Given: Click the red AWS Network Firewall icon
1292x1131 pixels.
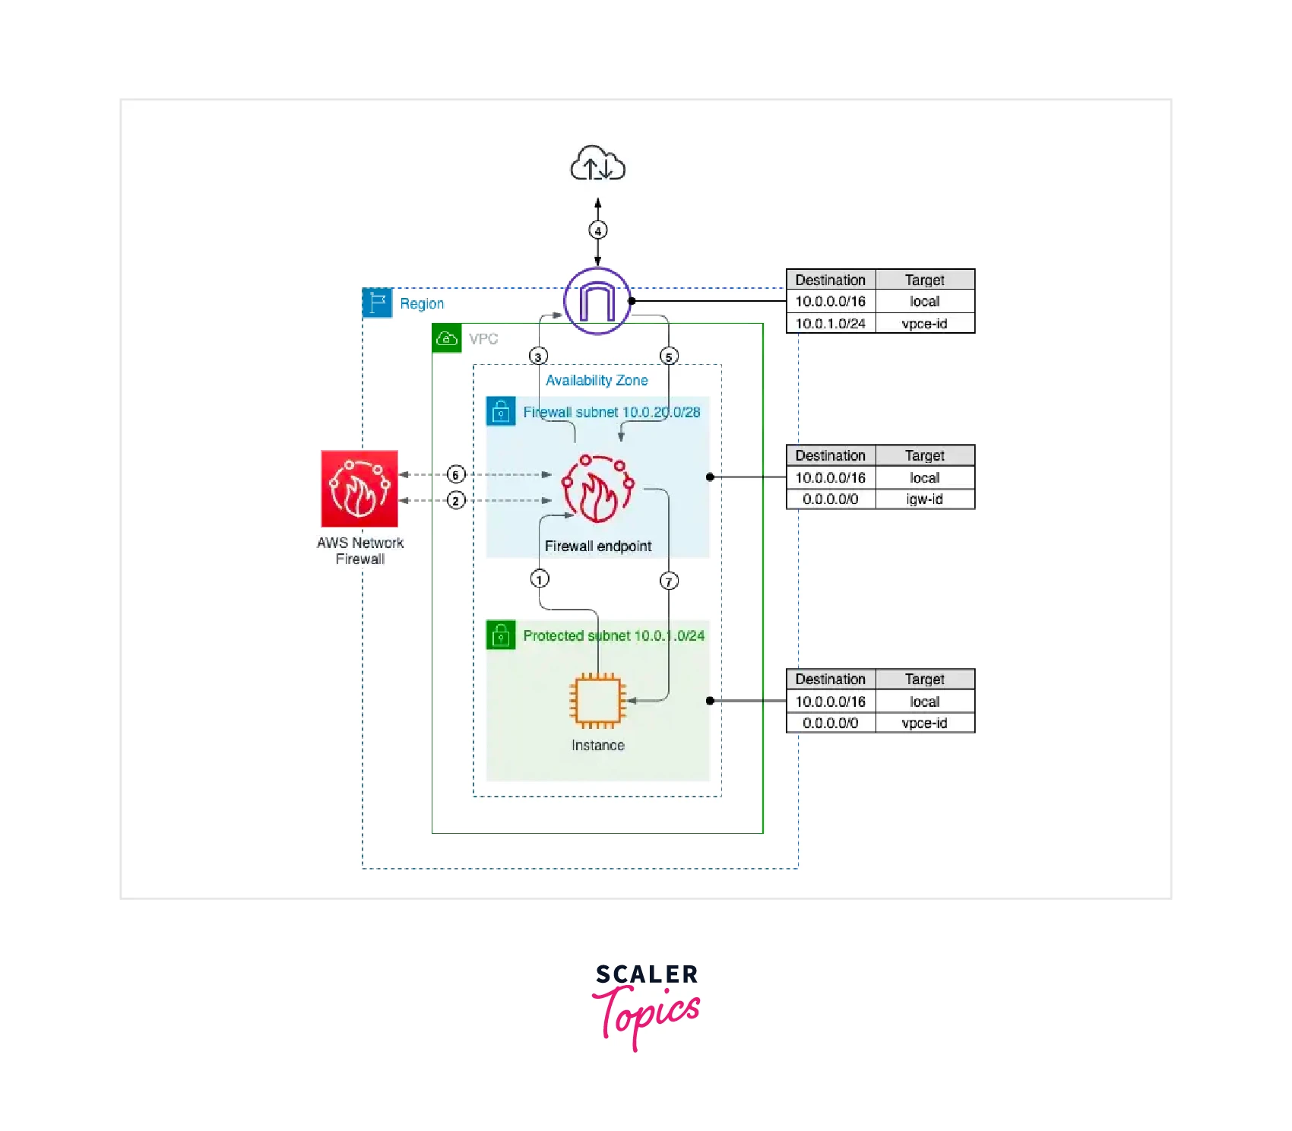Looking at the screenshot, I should coord(359,489).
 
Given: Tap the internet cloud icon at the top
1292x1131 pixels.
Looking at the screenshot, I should coord(598,164).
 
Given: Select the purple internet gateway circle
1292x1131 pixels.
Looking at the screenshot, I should coord(597,301).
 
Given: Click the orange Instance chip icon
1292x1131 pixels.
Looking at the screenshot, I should coord(598,701).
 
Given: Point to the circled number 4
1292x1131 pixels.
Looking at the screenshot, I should coord(598,230).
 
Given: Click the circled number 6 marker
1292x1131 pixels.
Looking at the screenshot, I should coord(455,475).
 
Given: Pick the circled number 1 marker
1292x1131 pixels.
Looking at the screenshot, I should coord(540,579).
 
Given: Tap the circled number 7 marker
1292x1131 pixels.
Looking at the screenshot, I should coord(669,581).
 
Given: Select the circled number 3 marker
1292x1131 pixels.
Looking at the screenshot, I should coord(538,356).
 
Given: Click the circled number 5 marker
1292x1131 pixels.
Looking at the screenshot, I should coord(669,356).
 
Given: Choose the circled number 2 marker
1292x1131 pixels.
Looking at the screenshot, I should coord(455,500).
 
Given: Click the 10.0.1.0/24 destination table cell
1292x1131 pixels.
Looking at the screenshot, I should coord(830,324).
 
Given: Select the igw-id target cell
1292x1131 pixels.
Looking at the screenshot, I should coord(924,499).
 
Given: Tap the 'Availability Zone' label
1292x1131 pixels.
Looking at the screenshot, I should coord(597,381).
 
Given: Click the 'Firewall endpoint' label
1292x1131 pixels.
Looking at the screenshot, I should coord(598,546).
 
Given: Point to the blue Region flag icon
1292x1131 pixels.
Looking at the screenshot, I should coord(378,303).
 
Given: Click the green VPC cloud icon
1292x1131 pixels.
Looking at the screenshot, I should coord(447,338).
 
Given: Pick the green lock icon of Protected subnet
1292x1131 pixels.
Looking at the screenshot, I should coord(501,635).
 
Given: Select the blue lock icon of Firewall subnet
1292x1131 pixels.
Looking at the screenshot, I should coord(501,411).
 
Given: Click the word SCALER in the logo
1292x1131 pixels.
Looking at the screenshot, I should coord(646,974).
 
